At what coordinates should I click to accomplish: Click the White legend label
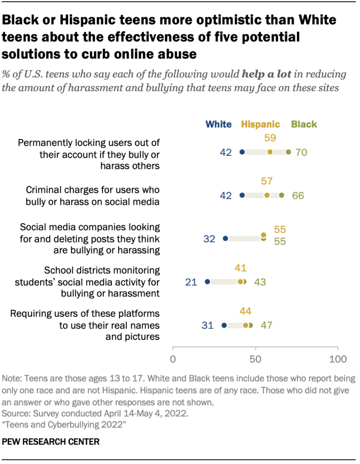coord(218,124)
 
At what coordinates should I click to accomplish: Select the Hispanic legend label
coord(261,124)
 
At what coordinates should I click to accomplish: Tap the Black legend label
coord(304,124)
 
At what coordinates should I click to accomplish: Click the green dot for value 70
coord(288,152)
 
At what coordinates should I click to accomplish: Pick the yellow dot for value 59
coord(270,152)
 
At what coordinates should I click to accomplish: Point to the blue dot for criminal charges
coord(242,195)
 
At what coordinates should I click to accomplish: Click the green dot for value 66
coord(282,195)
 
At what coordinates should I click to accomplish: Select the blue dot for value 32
coord(225,238)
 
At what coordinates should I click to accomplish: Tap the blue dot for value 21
coord(208,282)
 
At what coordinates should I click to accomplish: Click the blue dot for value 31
coord(224,325)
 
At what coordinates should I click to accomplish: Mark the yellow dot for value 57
coord(267,195)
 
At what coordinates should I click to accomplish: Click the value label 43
coord(260,282)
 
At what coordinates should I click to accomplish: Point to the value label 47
coord(266,325)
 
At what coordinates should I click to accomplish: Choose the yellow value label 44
coord(245,311)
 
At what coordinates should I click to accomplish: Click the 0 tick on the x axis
coord(173,359)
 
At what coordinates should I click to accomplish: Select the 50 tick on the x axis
coord(255,359)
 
